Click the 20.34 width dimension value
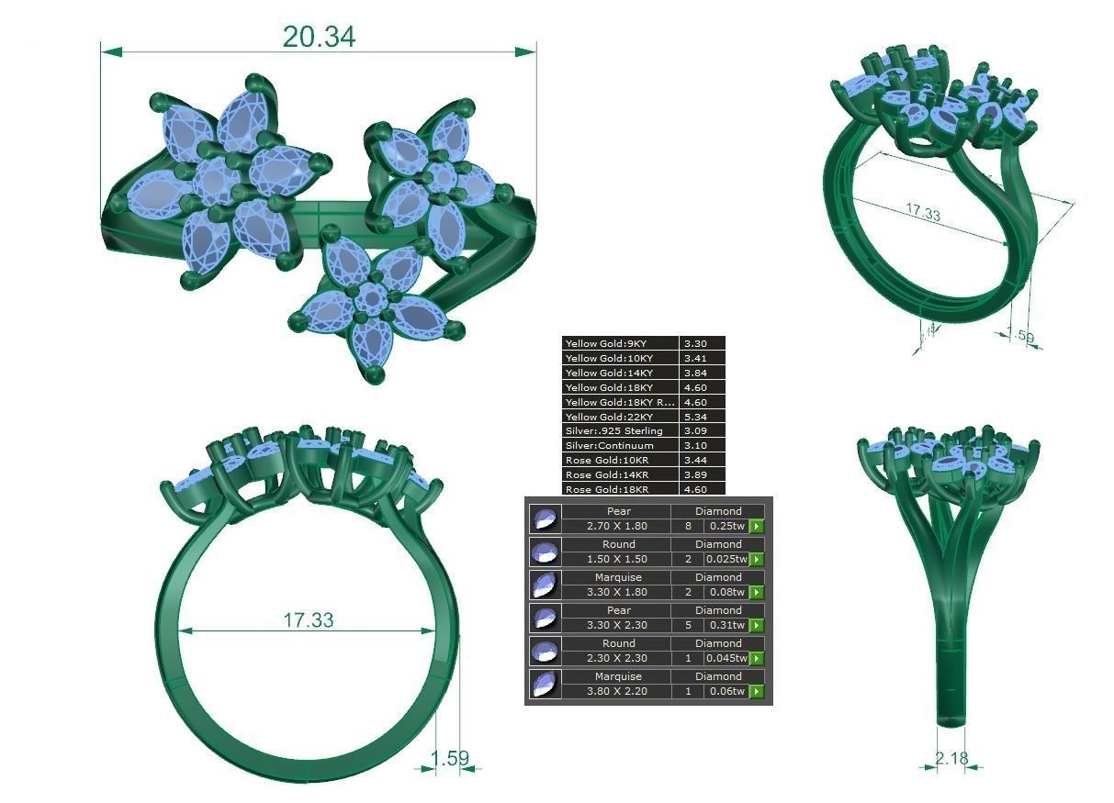tap(318, 37)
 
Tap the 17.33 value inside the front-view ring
tap(308, 620)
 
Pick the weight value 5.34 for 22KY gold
tap(703, 417)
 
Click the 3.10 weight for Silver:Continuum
tap(703, 446)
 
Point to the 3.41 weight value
tap(703, 358)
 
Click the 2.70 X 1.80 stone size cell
tap(616, 526)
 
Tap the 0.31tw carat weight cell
tap(725, 625)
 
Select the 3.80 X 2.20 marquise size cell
tap(616, 691)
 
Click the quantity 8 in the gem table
tap(686, 526)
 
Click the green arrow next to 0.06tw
tap(757, 691)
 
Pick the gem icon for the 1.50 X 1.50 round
tap(546, 552)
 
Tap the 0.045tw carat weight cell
tap(725, 658)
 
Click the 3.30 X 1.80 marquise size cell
tap(616, 592)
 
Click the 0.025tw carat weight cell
tap(725, 559)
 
